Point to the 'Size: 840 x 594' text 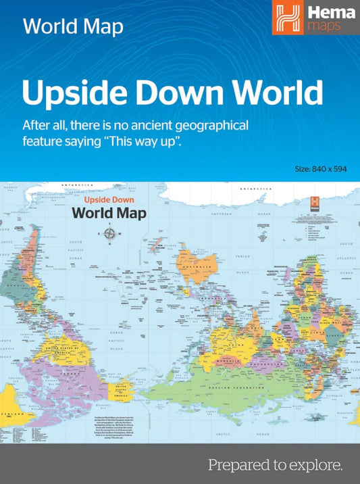tap(321, 168)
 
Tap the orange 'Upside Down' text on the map tap(109, 201)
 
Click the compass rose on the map tap(109, 234)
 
